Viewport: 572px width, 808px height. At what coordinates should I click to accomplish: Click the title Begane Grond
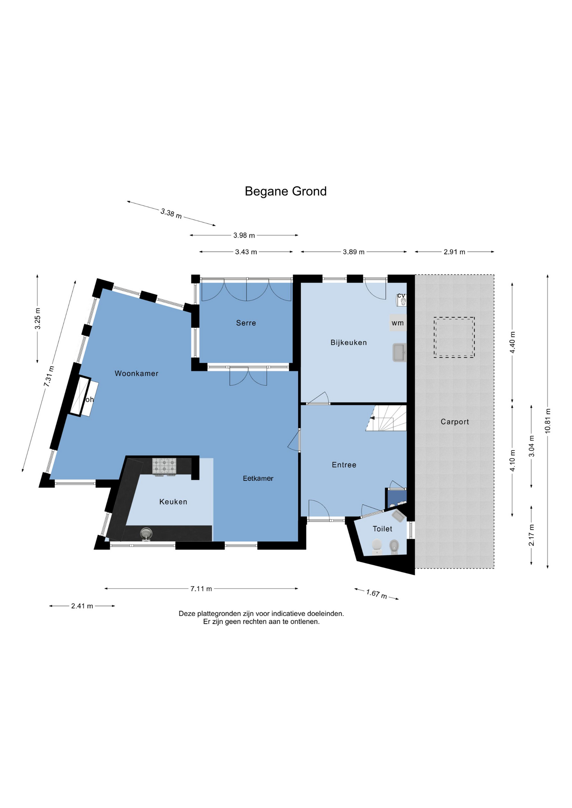286,191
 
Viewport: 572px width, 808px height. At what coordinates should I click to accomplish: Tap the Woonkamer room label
136,373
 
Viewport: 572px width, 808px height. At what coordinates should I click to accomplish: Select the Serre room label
246,323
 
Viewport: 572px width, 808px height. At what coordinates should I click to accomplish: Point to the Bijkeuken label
348,343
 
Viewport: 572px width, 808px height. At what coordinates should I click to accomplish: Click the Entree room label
344,465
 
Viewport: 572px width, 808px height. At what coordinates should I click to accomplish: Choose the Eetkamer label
258,478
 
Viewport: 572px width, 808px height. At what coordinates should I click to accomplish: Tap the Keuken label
173,502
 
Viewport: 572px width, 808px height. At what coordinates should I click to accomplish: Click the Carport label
454,422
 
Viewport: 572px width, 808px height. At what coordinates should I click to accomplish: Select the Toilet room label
382,529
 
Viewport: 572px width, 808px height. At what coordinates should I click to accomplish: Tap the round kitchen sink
146,534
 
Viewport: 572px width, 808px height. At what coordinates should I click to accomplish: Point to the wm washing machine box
398,323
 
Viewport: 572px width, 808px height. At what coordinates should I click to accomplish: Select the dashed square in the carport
454,338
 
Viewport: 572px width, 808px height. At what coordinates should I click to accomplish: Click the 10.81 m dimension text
548,421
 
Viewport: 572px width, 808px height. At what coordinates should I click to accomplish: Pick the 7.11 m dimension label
201,589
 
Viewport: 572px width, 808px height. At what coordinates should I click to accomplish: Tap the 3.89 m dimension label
353,252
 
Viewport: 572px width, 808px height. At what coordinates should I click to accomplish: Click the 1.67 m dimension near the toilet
376,594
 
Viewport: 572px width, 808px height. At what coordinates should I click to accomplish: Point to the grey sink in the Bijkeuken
399,353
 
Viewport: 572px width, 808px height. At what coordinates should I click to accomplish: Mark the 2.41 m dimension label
82,606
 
